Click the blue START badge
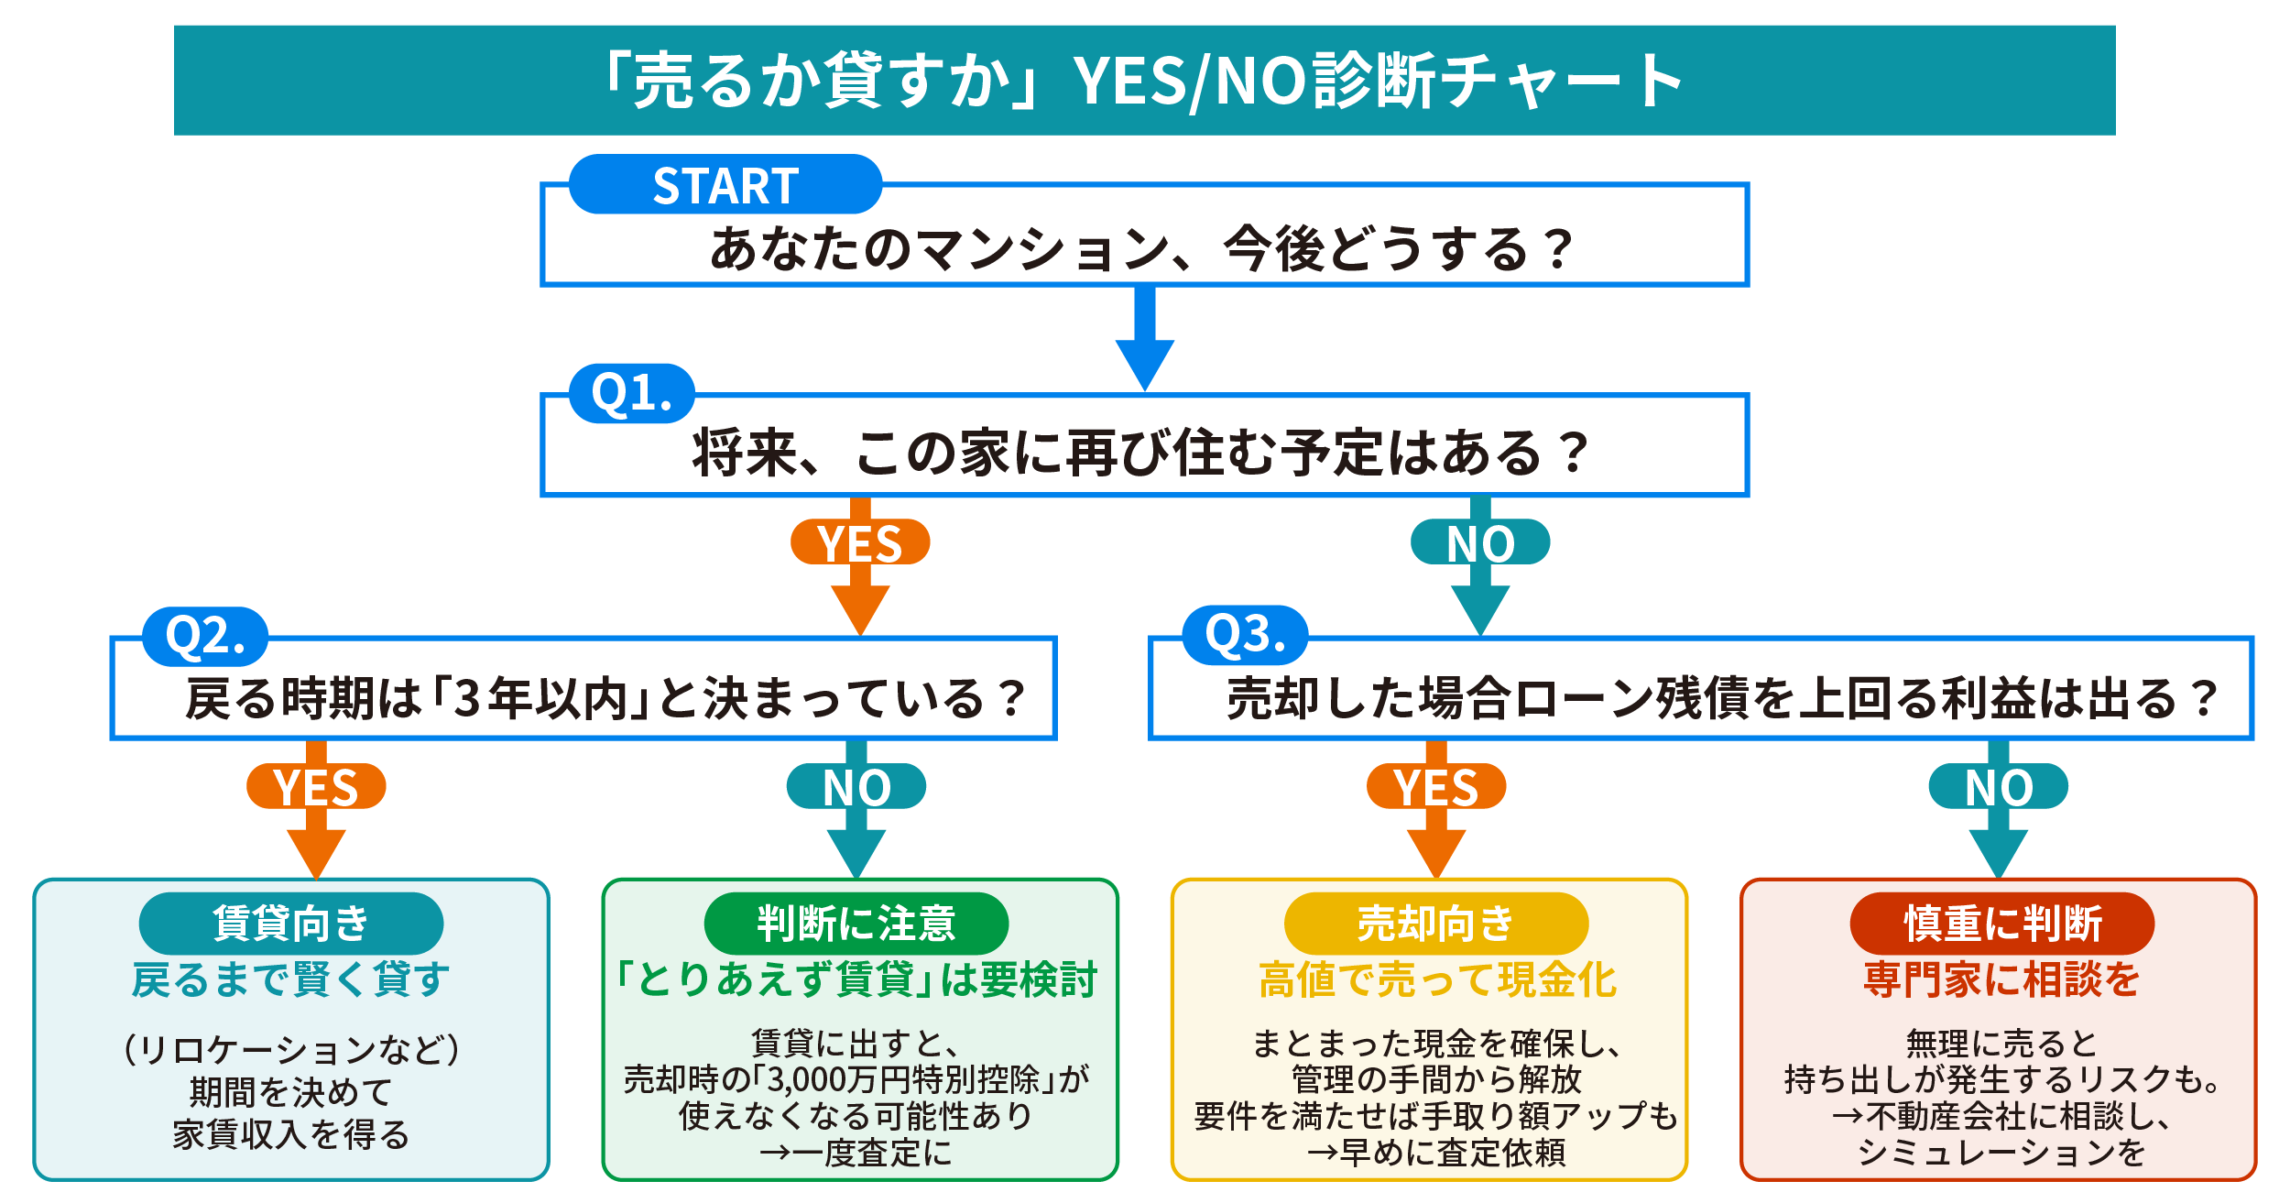click(x=725, y=185)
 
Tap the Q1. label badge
click(x=632, y=393)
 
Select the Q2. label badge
click(x=205, y=636)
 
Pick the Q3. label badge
click(x=1245, y=634)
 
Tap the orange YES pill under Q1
click(x=860, y=542)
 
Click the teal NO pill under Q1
click(x=1479, y=542)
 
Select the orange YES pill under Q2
click(x=316, y=786)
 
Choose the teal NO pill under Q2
click(x=856, y=786)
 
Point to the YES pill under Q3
click(x=1435, y=786)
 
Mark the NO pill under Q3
click(x=1998, y=786)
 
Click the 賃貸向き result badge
click(x=290, y=923)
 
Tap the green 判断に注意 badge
click(x=856, y=923)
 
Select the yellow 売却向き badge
click(x=1435, y=923)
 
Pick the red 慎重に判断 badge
click(x=2001, y=923)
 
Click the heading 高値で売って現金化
click(x=1437, y=979)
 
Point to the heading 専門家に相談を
click(x=2001, y=979)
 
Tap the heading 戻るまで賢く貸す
click(x=290, y=979)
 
